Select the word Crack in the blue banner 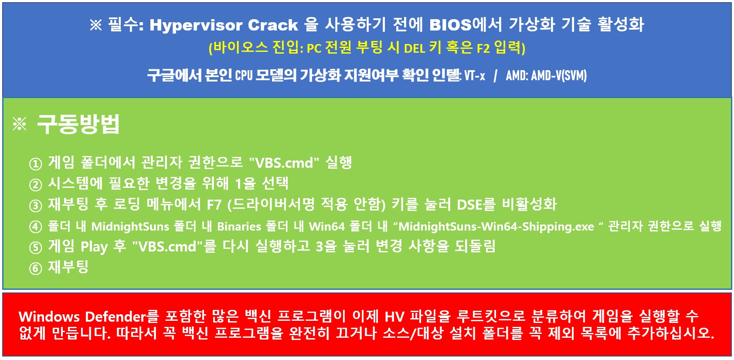pos(272,25)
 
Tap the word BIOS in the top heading pos(450,25)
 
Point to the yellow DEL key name pos(415,48)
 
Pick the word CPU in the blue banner pos(244,76)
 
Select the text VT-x pos(475,76)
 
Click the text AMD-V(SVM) pos(559,76)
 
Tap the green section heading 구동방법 pos(78,124)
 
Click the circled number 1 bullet pos(35,164)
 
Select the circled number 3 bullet pos(35,206)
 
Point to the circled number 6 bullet pos(35,268)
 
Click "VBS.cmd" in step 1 pos(284,163)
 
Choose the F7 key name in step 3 pos(214,205)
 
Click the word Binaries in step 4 pos(239,226)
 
